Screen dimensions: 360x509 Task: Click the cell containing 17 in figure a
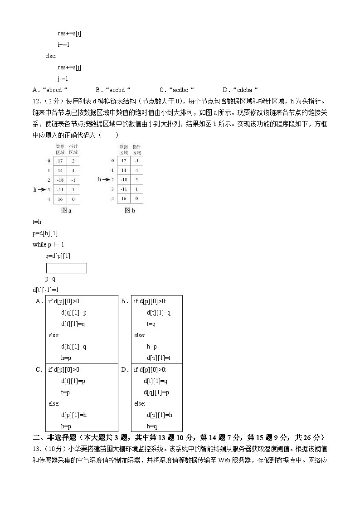coord(60,161)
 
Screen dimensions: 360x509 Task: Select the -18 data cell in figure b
coord(123,179)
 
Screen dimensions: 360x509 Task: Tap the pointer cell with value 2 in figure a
coord(73,161)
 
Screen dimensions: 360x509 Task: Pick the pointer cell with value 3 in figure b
coord(136,179)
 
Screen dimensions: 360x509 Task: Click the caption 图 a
coord(66,210)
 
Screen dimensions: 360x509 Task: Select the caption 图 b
coord(130,210)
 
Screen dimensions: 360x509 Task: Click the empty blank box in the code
coord(66,268)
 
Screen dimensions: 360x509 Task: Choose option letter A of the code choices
coord(39,301)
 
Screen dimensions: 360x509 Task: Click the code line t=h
coord(37,222)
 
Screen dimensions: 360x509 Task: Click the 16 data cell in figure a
coord(60,199)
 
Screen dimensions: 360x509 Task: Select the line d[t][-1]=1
coord(46,290)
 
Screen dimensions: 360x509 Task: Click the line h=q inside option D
coord(152,426)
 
